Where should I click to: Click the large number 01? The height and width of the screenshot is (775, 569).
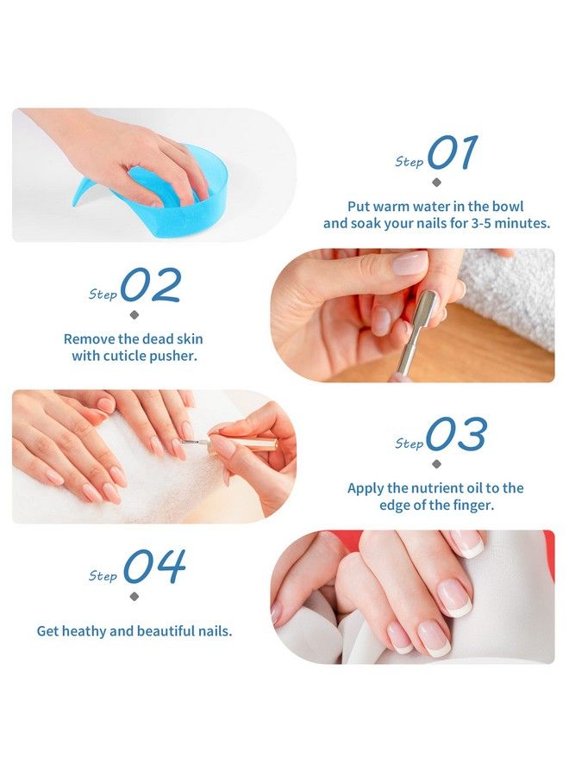click(x=452, y=153)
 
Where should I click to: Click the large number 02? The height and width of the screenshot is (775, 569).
click(x=151, y=286)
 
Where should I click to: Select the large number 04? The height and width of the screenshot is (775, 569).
click(x=154, y=567)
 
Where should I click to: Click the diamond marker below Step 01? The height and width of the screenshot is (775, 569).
click(x=436, y=183)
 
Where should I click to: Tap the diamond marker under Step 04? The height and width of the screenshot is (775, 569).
click(x=134, y=596)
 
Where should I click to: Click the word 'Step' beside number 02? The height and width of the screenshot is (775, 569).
click(x=103, y=294)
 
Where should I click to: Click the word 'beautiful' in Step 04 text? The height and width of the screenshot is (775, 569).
click(x=167, y=631)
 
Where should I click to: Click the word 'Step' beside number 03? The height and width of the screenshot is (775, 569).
click(x=409, y=443)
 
